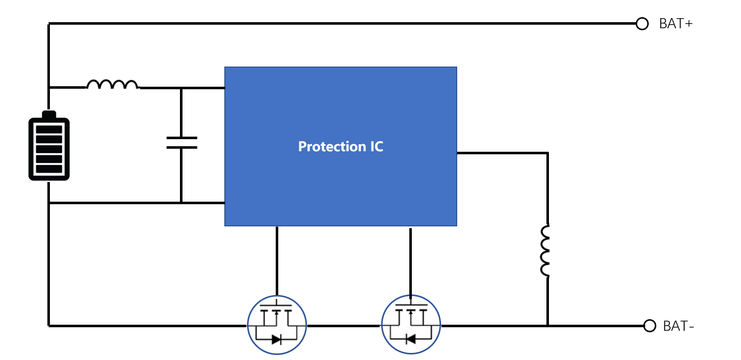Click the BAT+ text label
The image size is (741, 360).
(675, 24)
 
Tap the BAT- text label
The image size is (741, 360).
(678, 326)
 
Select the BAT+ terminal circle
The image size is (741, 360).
(642, 24)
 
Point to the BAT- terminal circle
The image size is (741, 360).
(650, 326)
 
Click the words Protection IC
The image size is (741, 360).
(340, 147)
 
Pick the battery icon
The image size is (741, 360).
(49, 146)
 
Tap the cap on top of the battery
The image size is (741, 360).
(49, 114)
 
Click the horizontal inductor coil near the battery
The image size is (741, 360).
(112, 84)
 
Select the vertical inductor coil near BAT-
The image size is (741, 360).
(544, 251)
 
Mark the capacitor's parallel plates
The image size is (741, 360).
(181, 143)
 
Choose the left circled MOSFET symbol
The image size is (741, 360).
(277, 325)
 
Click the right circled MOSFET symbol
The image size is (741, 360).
(411, 325)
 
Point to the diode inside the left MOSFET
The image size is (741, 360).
(276, 339)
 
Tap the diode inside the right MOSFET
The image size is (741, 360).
(410, 339)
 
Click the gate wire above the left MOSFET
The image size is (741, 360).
(277, 261)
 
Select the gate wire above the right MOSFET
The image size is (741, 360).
(410, 261)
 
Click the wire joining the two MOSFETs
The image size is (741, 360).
(344, 326)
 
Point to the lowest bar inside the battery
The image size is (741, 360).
(49, 169)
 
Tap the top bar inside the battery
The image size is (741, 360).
(49, 130)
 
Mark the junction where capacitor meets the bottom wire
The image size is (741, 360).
(181, 203)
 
